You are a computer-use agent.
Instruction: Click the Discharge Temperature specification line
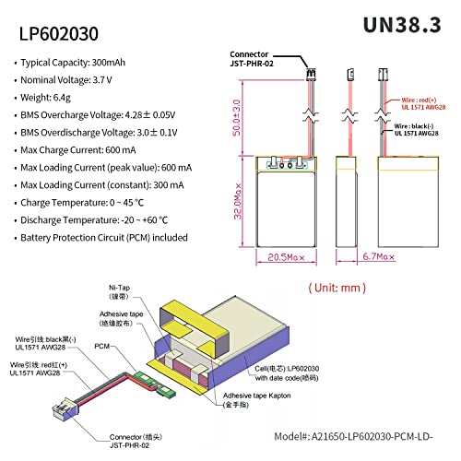pyautogui.click(x=96, y=219)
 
